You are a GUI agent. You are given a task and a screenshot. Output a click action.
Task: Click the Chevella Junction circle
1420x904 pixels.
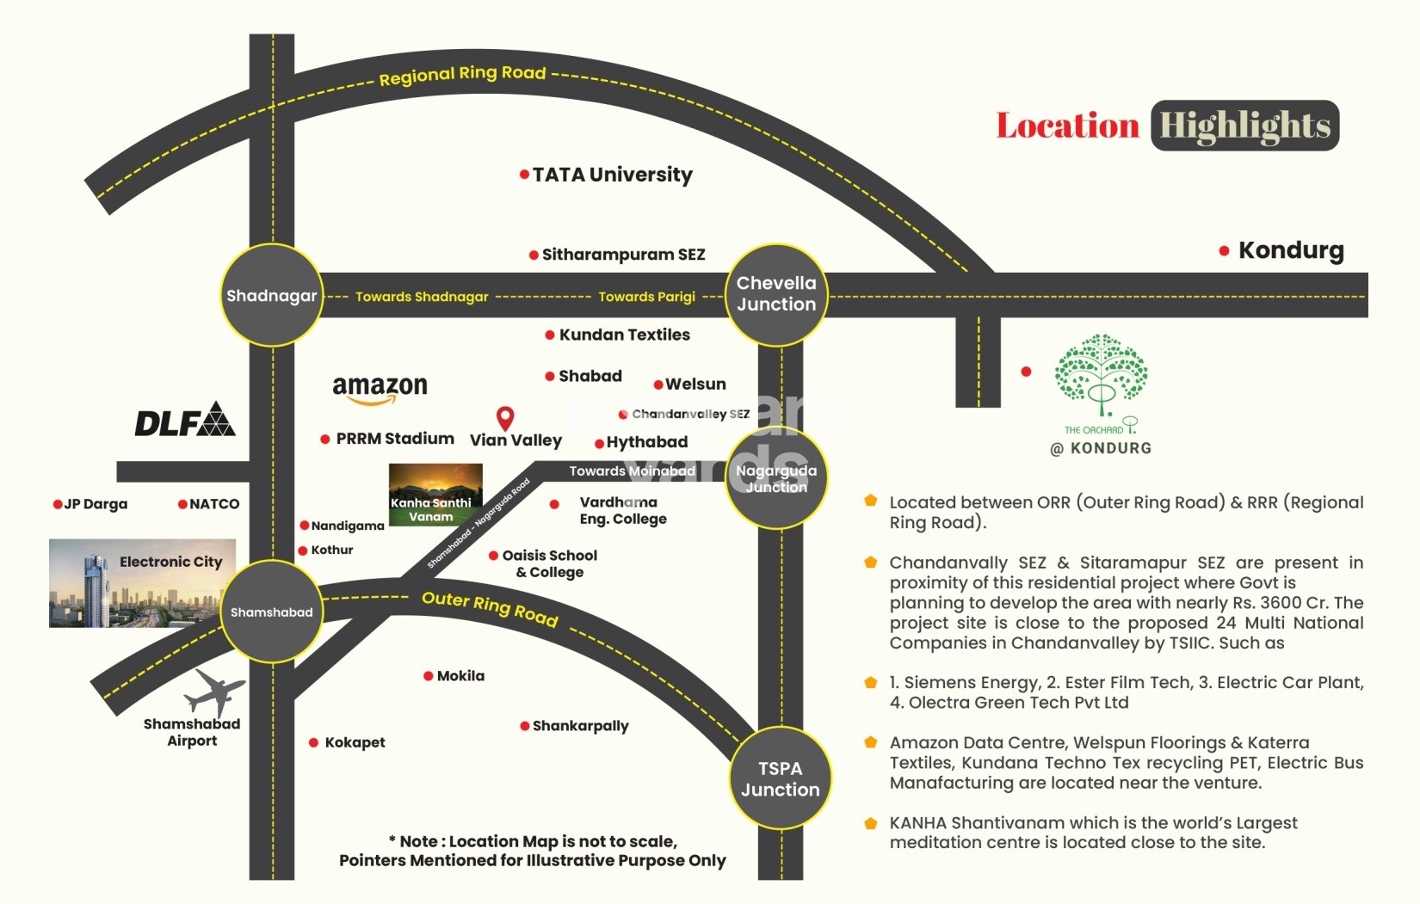point(776,294)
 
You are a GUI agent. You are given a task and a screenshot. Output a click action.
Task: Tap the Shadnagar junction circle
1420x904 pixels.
point(271,296)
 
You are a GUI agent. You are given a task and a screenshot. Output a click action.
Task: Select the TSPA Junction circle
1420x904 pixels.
point(780,779)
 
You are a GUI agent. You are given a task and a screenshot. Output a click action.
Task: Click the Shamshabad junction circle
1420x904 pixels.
point(271,612)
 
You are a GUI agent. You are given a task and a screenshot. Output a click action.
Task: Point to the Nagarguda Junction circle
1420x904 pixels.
point(776,479)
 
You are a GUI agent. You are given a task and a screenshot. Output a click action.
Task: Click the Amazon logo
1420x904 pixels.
point(380,390)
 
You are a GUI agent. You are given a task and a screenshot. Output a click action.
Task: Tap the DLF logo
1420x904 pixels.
point(184,420)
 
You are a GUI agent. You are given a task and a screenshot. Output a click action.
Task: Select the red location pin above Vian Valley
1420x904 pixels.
point(505,418)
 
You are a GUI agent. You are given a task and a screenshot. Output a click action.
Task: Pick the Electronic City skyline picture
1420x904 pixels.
point(142,583)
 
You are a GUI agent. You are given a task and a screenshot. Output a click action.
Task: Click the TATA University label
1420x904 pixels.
point(612,175)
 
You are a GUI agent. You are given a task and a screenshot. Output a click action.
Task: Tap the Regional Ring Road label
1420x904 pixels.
point(462,75)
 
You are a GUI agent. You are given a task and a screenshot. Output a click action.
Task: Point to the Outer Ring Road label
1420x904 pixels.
point(490,608)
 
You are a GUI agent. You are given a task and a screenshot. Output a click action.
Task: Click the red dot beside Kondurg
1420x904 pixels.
point(1224,251)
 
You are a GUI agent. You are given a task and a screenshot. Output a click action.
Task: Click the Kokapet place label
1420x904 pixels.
point(355,742)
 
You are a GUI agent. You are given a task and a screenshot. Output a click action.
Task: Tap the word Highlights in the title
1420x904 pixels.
point(1244,126)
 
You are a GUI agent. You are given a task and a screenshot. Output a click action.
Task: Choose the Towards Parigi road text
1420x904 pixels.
point(646,297)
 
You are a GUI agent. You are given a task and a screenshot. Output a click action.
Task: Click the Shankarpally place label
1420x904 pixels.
point(580,726)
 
